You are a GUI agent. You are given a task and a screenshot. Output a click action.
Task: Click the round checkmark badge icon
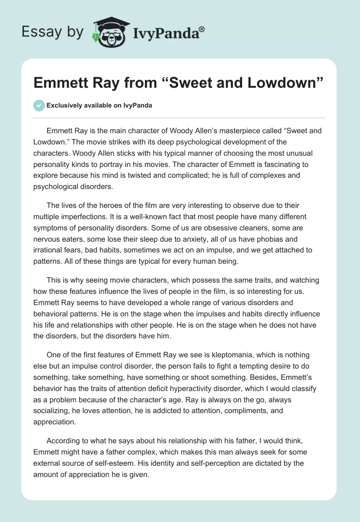tap(39, 105)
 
